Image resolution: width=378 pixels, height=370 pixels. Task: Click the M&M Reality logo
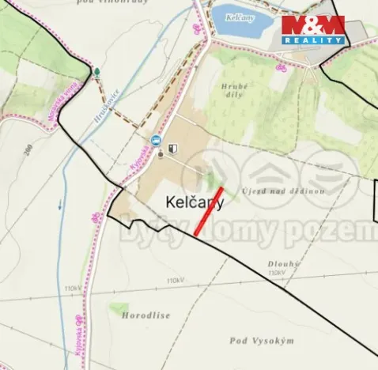tap(313, 29)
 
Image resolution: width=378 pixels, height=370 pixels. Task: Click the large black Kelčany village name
tap(195, 202)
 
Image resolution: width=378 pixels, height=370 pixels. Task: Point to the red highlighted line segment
tap(209, 211)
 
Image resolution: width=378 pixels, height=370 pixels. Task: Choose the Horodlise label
tap(146, 315)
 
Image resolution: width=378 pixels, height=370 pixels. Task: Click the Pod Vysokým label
tap(262, 340)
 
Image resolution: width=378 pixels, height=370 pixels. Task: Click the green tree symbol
tap(96, 72)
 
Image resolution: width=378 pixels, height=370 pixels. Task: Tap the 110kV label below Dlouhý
tap(276, 273)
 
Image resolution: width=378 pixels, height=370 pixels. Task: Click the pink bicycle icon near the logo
tap(278, 67)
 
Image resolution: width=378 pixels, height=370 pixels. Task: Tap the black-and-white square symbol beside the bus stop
tap(172, 147)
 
